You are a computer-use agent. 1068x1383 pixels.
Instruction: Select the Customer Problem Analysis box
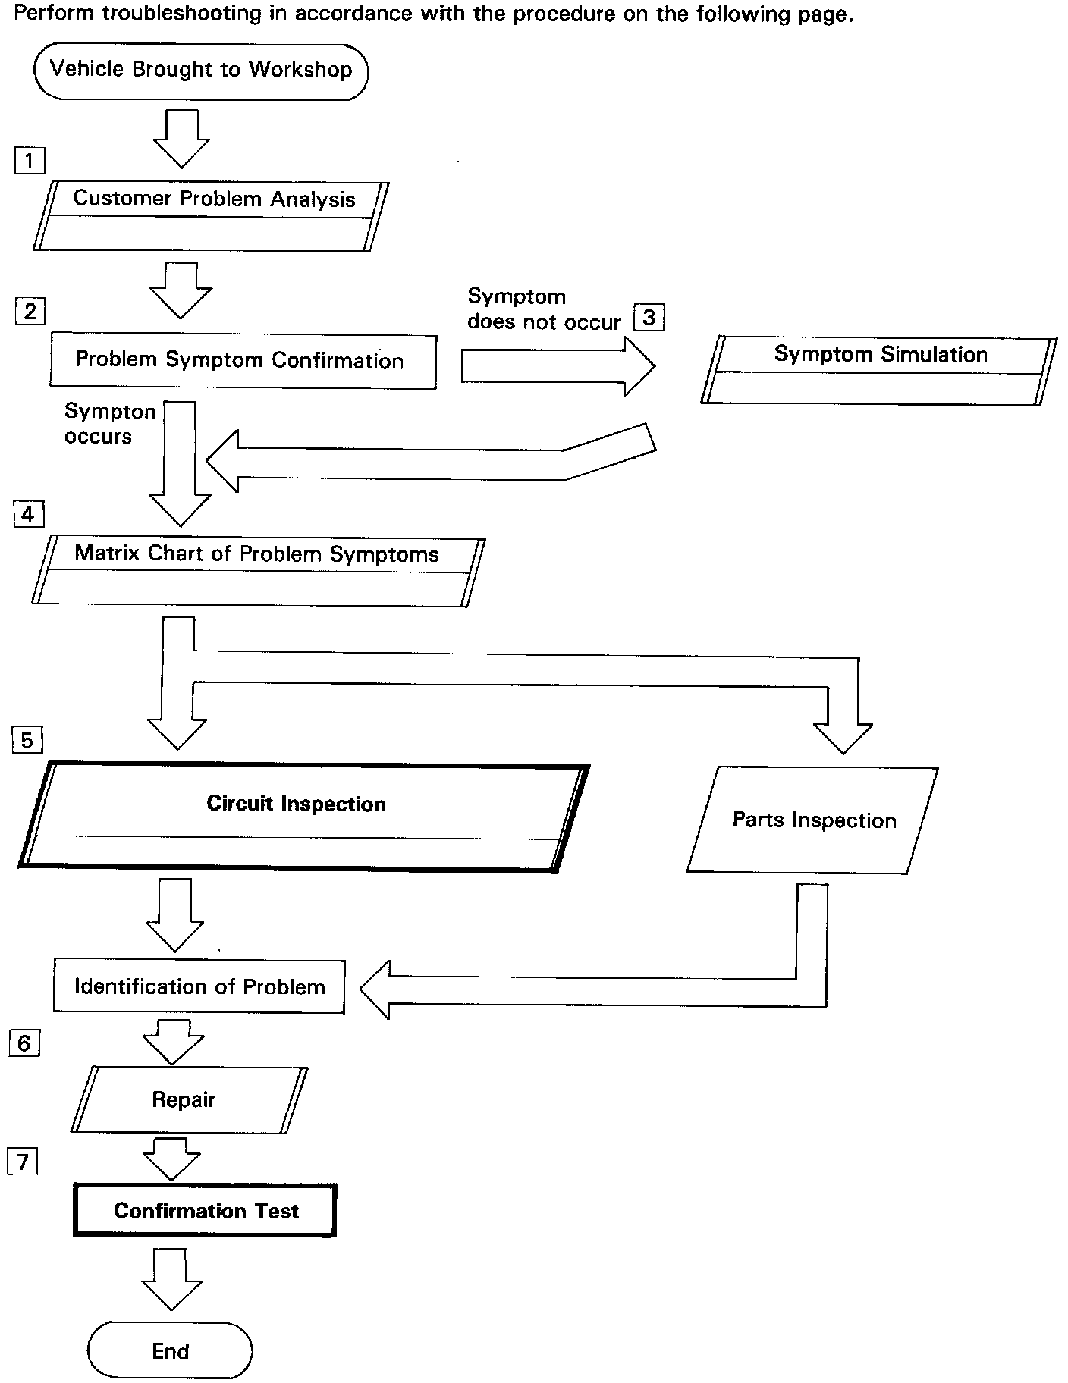[x=211, y=216]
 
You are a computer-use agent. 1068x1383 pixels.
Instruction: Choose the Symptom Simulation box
[x=879, y=371]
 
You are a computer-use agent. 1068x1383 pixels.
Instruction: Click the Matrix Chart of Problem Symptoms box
[x=258, y=572]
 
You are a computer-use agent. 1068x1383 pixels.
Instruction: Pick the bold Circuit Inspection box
[x=303, y=817]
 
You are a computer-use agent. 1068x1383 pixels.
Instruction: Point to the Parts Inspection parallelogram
[x=812, y=820]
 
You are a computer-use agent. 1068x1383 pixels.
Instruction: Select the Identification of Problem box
[x=199, y=986]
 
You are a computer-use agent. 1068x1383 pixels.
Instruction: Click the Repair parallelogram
[x=190, y=1099]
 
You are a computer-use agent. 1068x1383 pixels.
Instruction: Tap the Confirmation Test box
[x=205, y=1210]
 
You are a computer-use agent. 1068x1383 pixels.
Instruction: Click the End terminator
[x=170, y=1350]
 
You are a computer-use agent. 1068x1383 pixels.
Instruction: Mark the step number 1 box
[x=30, y=161]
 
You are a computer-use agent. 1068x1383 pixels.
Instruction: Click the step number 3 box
[x=649, y=317]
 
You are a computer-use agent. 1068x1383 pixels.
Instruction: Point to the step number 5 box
[x=27, y=740]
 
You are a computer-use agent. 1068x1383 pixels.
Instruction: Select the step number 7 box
[x=22, y=1162]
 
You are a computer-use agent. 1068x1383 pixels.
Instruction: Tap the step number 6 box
[x=24, y=1044]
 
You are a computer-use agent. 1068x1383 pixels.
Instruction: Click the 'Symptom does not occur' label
[x=544, y=309]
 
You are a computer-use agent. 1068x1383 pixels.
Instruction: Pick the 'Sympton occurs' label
[x=110, y=424]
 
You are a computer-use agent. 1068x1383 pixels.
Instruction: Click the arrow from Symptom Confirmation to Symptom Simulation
[x=558, y=367]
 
